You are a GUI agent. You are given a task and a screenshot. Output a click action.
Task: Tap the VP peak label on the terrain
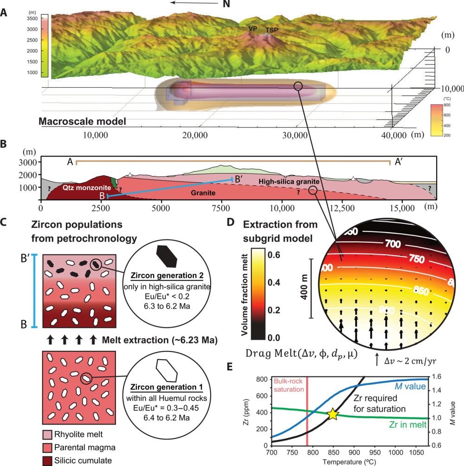[x=253, y=29]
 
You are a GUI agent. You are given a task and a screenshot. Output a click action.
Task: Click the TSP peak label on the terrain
[x=272, y=31]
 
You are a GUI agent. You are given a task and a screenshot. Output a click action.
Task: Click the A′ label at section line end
[x=400, y=162]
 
